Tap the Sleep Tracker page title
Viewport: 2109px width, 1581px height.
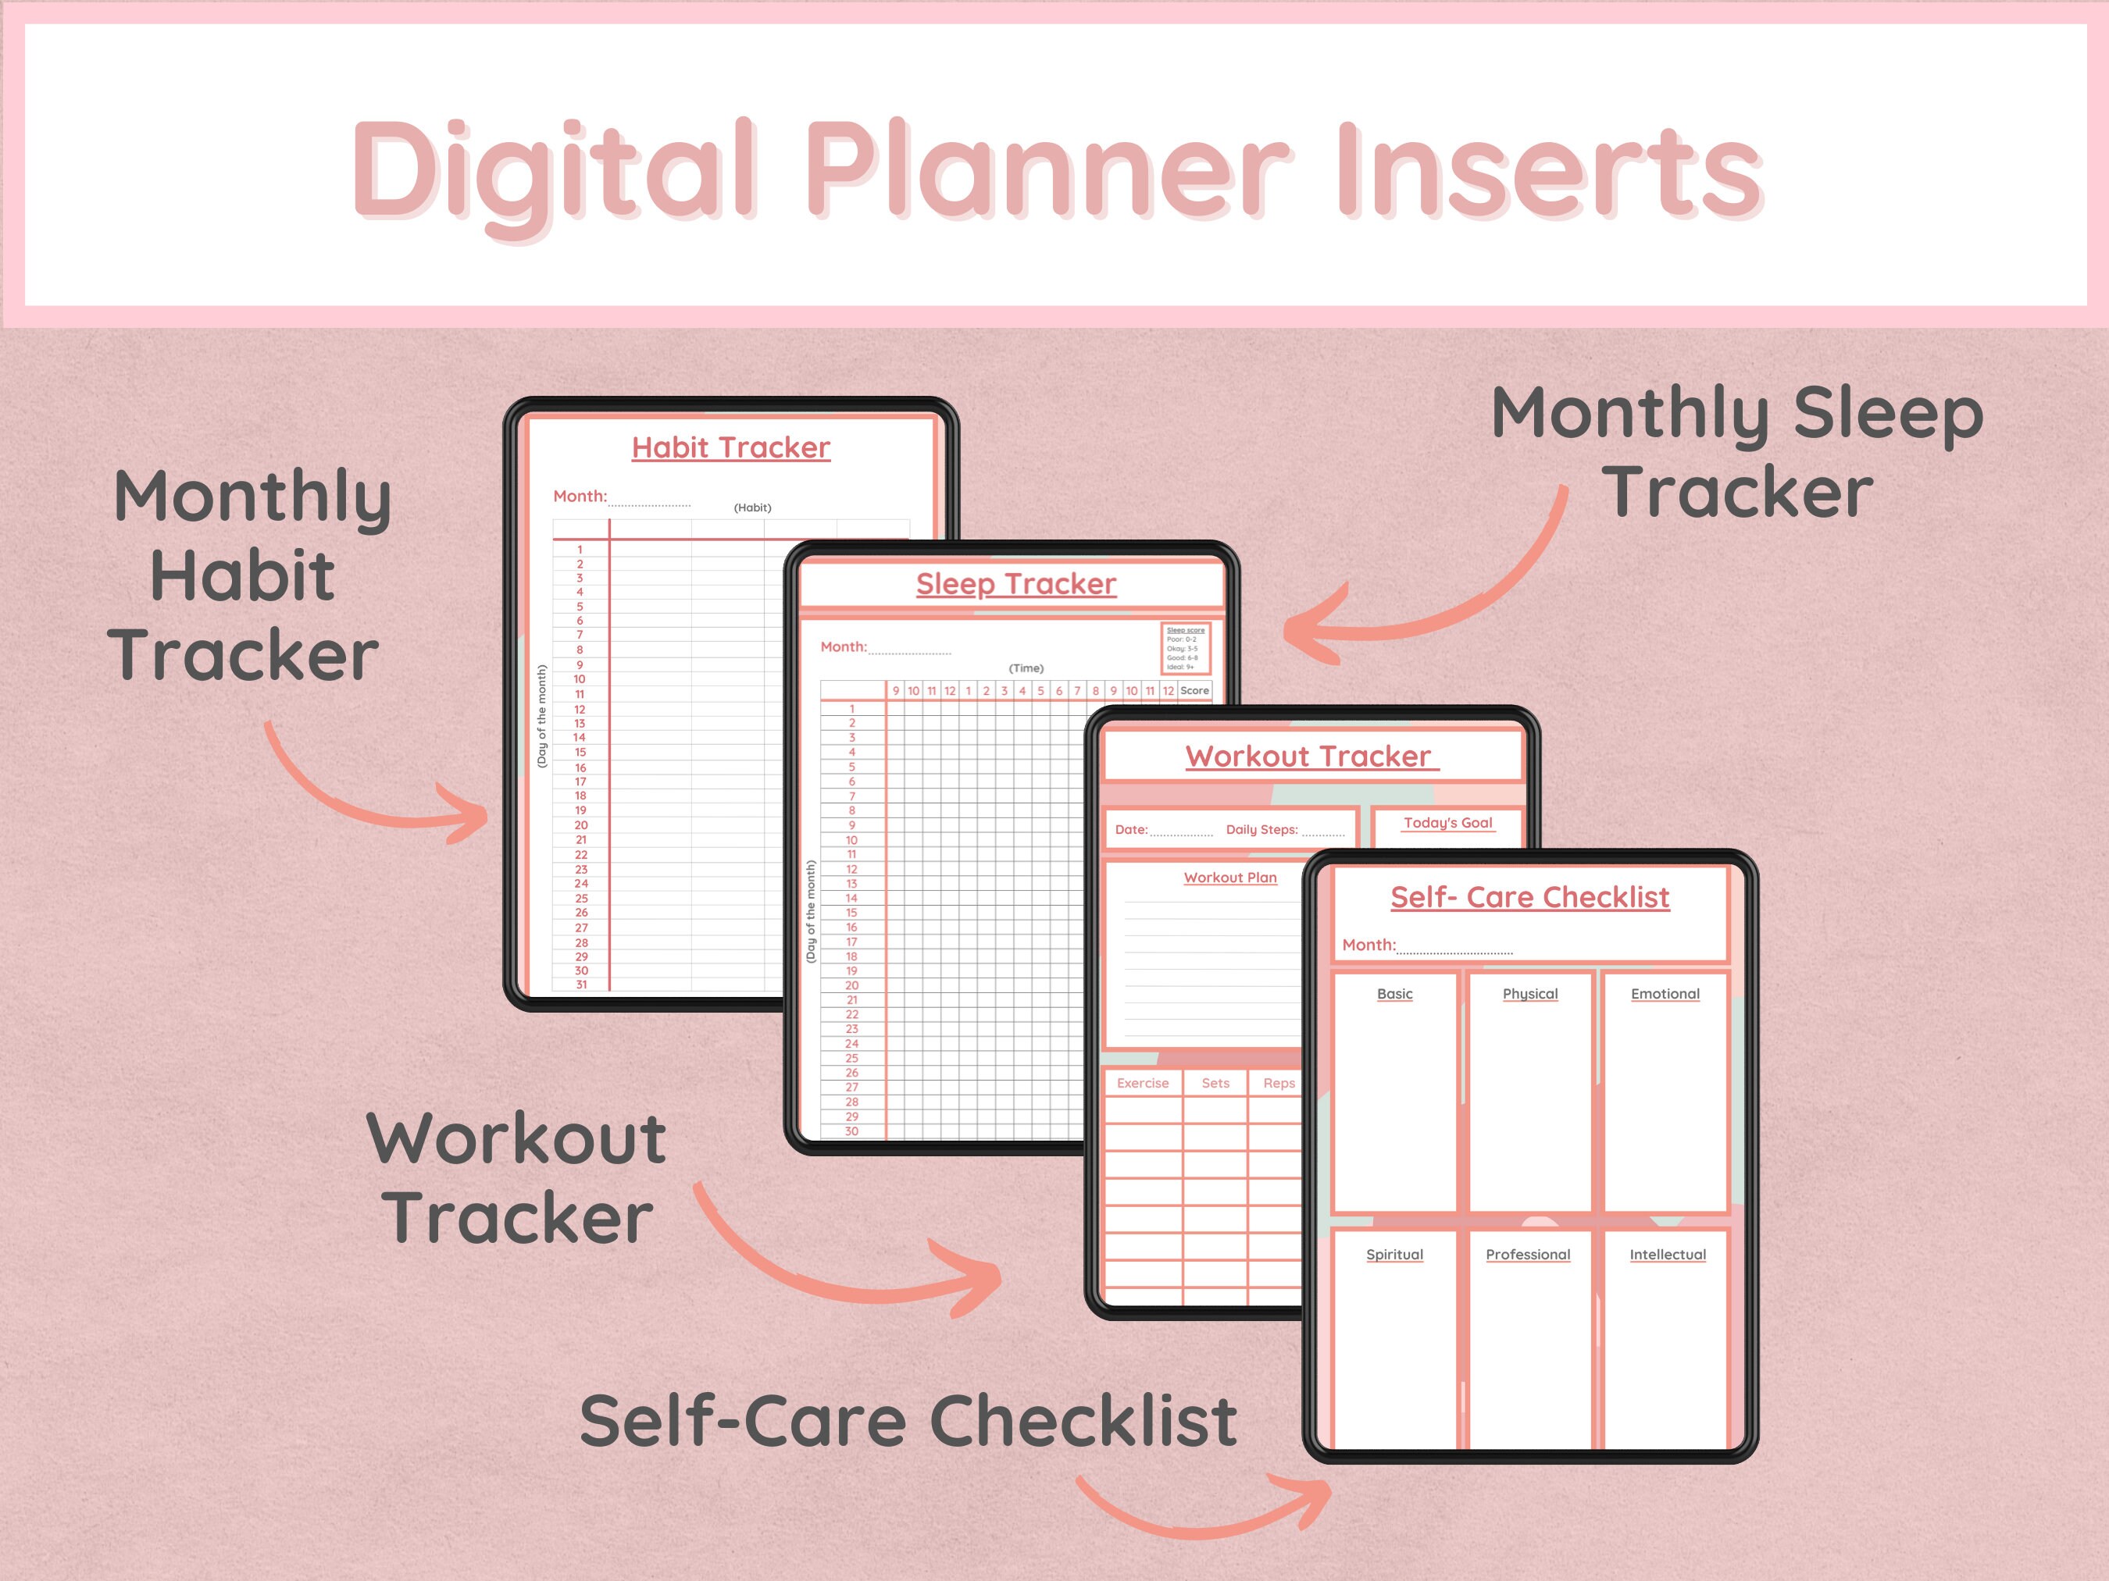(x=1015, y=583)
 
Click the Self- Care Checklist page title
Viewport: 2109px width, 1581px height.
(x=1529, y=897)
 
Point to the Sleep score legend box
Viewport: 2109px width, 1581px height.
(x=1185, y=648)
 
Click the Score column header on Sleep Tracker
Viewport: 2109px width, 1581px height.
(x=1194, y=690)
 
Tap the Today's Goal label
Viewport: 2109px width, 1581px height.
(x=1447, y=822)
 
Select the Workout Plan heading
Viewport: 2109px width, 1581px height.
(x=1230, y=877)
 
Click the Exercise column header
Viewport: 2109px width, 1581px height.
(x=1142, y=1083)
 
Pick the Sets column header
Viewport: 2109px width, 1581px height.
(x=1215, y=1083)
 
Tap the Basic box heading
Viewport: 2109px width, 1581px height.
(x=1394, y=993)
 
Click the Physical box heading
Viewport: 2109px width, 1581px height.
(x=1529, y=993)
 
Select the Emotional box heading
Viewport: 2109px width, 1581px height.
(x=1665, y=993)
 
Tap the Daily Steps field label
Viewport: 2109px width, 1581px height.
(x=1261, y=829)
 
